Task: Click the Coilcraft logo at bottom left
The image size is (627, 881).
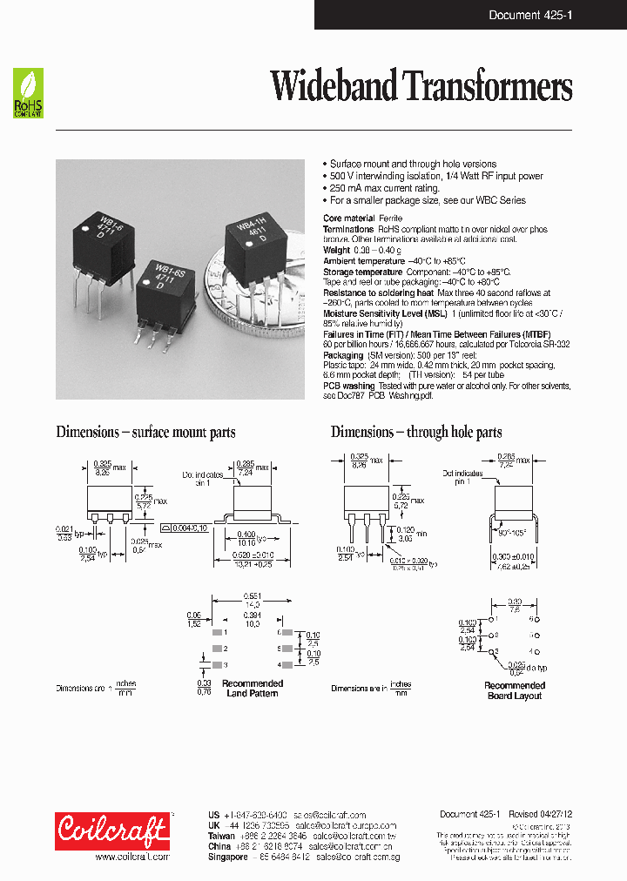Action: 111,831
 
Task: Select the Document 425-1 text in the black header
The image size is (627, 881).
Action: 524,15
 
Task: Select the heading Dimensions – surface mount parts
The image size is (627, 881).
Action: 145,432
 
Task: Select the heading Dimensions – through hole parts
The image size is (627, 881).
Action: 416,432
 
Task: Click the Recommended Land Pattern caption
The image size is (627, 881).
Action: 253,689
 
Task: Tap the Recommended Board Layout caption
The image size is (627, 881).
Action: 515,691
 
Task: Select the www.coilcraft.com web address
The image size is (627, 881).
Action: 131,857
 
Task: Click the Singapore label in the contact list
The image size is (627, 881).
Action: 232,857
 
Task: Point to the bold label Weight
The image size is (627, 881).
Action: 338,250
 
